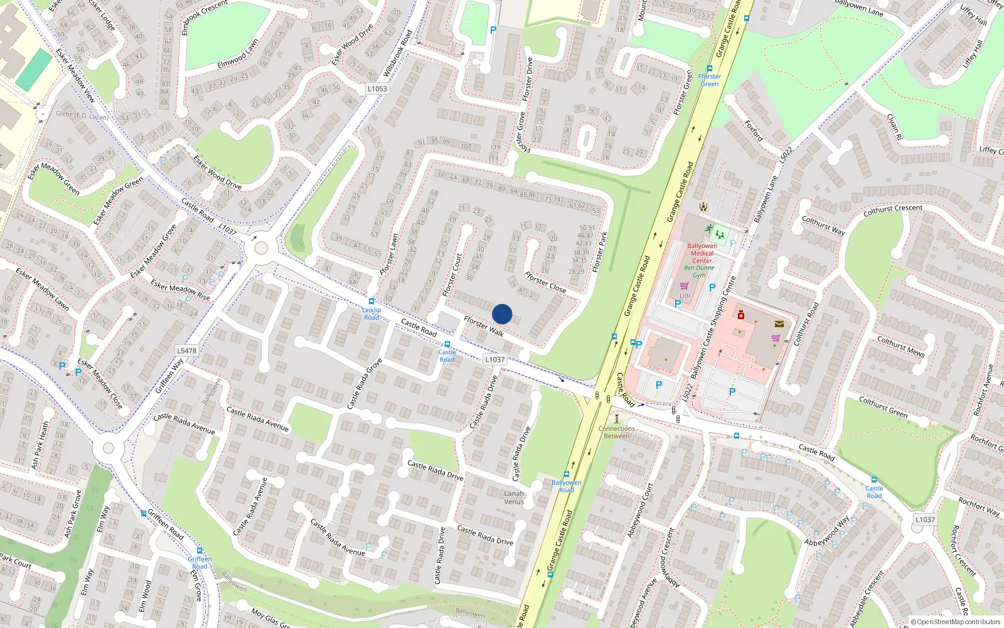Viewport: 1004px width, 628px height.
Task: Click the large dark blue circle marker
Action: pyautogui.click(x=502, y=314)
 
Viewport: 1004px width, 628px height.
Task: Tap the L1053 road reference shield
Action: pyautogui.click(x=377, y=89)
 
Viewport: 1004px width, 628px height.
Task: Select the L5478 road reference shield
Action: pyautogui.click(x=186, y=351)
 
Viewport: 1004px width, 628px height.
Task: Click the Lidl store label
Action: pyautogui.click(x=685, y=296)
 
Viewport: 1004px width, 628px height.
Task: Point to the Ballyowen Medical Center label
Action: pyautogui.click(x=702, y=253)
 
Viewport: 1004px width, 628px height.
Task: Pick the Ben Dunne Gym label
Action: pyautogui.click(x=699, y=271)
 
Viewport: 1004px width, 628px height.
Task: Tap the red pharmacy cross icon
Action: pyautogui.click(x=740, y=315)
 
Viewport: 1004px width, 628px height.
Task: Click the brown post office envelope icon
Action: pyautogui.click(x=779, y=324)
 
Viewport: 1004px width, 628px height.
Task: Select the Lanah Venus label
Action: pyautogui.click(x=514, y=497)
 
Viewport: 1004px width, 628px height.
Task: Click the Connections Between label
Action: pyautogui.click(x=616, y=432)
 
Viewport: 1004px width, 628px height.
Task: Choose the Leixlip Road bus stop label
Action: pyautogui.click(x=371, y=313)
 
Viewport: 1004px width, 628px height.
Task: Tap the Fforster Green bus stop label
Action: pyautogui.click(x=710, y=80)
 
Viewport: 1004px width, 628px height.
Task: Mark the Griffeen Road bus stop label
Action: pyautogui.click(x=200, y=563)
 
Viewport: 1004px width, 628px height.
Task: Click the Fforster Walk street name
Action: pyautogui.click(x=483, y=326)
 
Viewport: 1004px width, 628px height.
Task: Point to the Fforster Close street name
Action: pyautogui.click(x=545, y=282)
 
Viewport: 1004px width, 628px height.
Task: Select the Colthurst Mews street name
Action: pyautogui.click(x=900, y=346)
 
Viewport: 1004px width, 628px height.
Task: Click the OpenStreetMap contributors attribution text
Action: pyautogui.click(x=956, y=622)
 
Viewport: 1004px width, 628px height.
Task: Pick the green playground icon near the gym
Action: pyautogui.click(x=719, y=235)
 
